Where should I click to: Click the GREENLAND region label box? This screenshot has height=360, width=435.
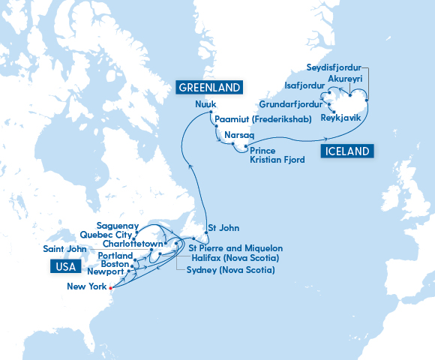click(208, 88)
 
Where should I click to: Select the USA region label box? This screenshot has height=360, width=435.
click(65, 266)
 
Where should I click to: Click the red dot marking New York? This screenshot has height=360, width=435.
click(110, 287)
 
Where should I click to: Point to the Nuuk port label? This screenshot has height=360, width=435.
click(205, 104)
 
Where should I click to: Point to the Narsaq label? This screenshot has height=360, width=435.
click(239, 135)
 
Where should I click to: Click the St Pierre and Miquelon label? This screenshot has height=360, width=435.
click(235, 247)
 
